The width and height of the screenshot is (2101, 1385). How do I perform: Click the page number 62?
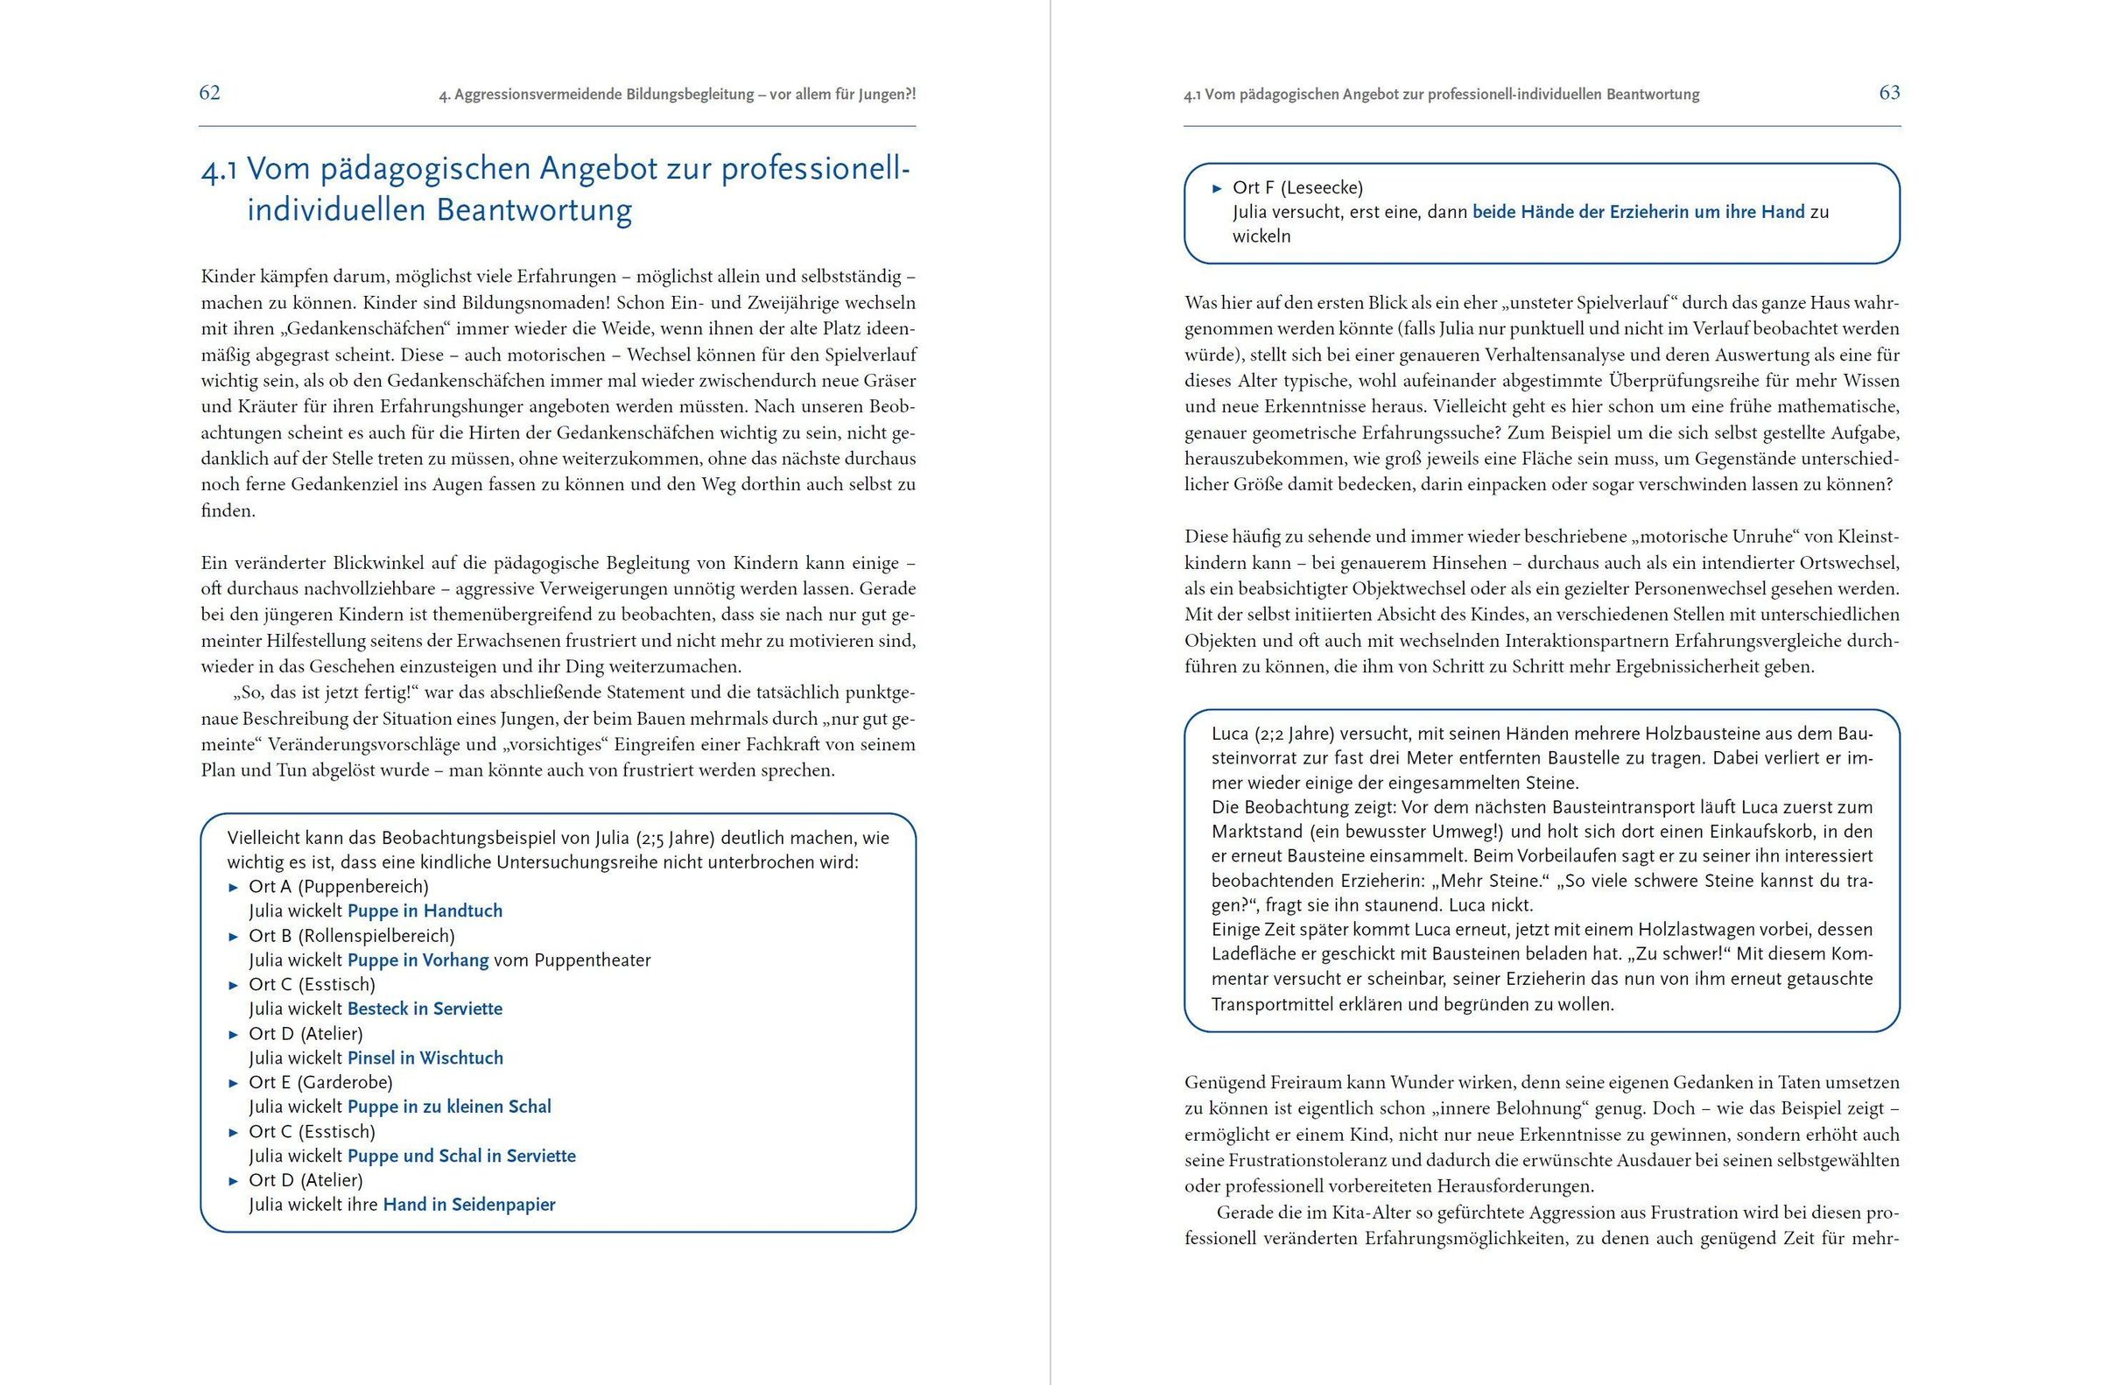coord(209,93)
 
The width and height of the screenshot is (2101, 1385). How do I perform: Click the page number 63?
coord(1889,93)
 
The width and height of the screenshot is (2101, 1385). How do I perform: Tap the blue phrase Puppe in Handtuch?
coord(425,910)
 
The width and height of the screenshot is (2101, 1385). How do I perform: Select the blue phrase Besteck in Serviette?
coord(425,1009)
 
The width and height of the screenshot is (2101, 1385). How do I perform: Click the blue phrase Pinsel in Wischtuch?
coord(425,1058)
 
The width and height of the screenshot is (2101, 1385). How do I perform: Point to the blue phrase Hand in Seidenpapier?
coord(469,1204)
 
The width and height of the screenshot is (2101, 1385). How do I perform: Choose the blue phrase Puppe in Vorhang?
coord(418,960)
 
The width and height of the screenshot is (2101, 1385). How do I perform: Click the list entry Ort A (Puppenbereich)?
coord(338,886)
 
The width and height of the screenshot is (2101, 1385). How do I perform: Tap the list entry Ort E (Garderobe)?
coord(320,1082)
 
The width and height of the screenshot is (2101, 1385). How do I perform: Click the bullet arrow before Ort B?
coord(234,936)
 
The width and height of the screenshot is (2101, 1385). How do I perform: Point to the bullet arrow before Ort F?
coord(1217,188)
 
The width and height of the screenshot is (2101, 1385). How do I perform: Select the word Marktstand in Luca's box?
coord(1257,831)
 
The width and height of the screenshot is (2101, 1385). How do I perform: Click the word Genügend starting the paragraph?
coord(1223,1083)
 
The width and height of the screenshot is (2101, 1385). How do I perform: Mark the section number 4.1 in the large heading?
coord(219,170)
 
